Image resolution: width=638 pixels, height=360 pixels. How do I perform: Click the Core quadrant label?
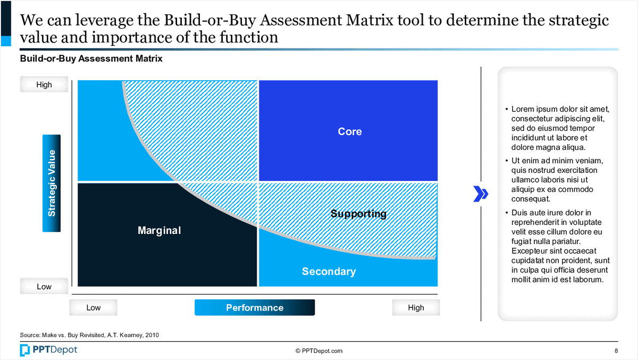(x=350, y=131)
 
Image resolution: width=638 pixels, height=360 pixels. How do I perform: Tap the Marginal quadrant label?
(x=159, y=230)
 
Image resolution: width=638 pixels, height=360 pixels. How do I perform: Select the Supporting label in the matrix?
(x=358, y=214)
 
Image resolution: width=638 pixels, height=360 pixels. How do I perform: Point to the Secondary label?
(x=329, y=271)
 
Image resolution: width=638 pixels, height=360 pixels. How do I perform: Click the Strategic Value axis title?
(x=52, y=183)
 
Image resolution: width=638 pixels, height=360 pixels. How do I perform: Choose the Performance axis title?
(x=255, y=307)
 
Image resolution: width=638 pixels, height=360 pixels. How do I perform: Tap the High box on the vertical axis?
(x=44, y=85)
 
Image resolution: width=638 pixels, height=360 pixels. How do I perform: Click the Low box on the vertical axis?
(x=44, y=286)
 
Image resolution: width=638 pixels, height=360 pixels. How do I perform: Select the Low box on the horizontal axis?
(x=93, y=307)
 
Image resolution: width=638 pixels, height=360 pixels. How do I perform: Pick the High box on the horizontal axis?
(x=416, y=307)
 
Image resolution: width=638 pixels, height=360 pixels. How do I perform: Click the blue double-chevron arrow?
(x=481, y=194)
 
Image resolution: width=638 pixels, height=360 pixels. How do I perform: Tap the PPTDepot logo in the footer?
(x=48, y=350)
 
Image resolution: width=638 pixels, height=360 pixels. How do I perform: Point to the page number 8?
(x=616, y=350)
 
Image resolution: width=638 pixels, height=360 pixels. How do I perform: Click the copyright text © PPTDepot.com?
(x=319, y=350)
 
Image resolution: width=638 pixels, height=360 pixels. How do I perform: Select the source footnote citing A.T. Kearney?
(x=89, y=335)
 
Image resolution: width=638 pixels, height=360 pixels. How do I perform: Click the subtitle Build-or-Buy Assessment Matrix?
(x=91, y=59)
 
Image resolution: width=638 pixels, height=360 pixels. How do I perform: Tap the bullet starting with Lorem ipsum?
(x=557, y=128)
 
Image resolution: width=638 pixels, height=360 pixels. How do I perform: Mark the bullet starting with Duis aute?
(x=558, y=246)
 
